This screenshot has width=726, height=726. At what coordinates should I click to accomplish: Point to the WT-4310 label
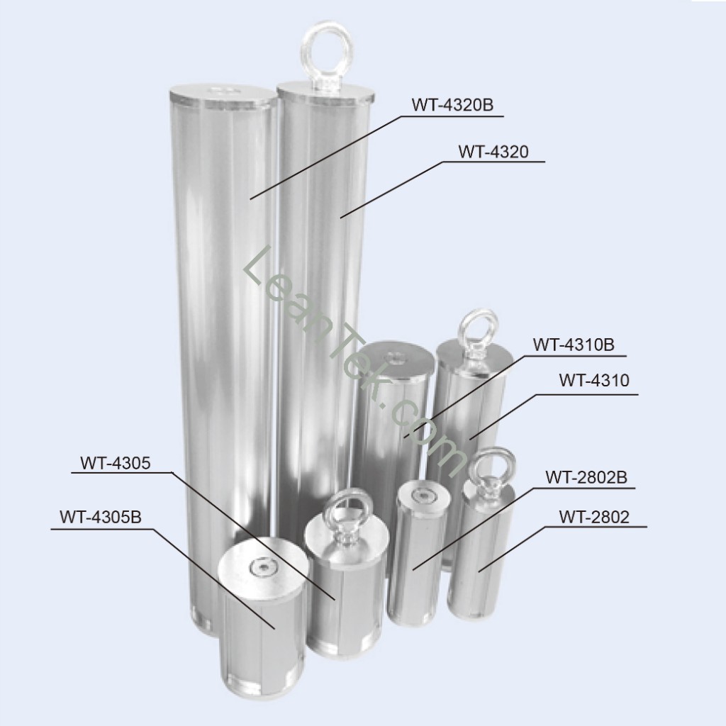[593, 381]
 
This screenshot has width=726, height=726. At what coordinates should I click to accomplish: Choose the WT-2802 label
[593, 517]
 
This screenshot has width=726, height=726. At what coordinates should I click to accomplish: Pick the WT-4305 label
[115, 464]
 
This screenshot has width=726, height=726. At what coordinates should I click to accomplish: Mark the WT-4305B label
[100, 517]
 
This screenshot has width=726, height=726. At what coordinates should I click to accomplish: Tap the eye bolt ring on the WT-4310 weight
[476, 327]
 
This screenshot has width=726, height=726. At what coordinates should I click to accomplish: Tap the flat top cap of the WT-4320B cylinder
[223, 94]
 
